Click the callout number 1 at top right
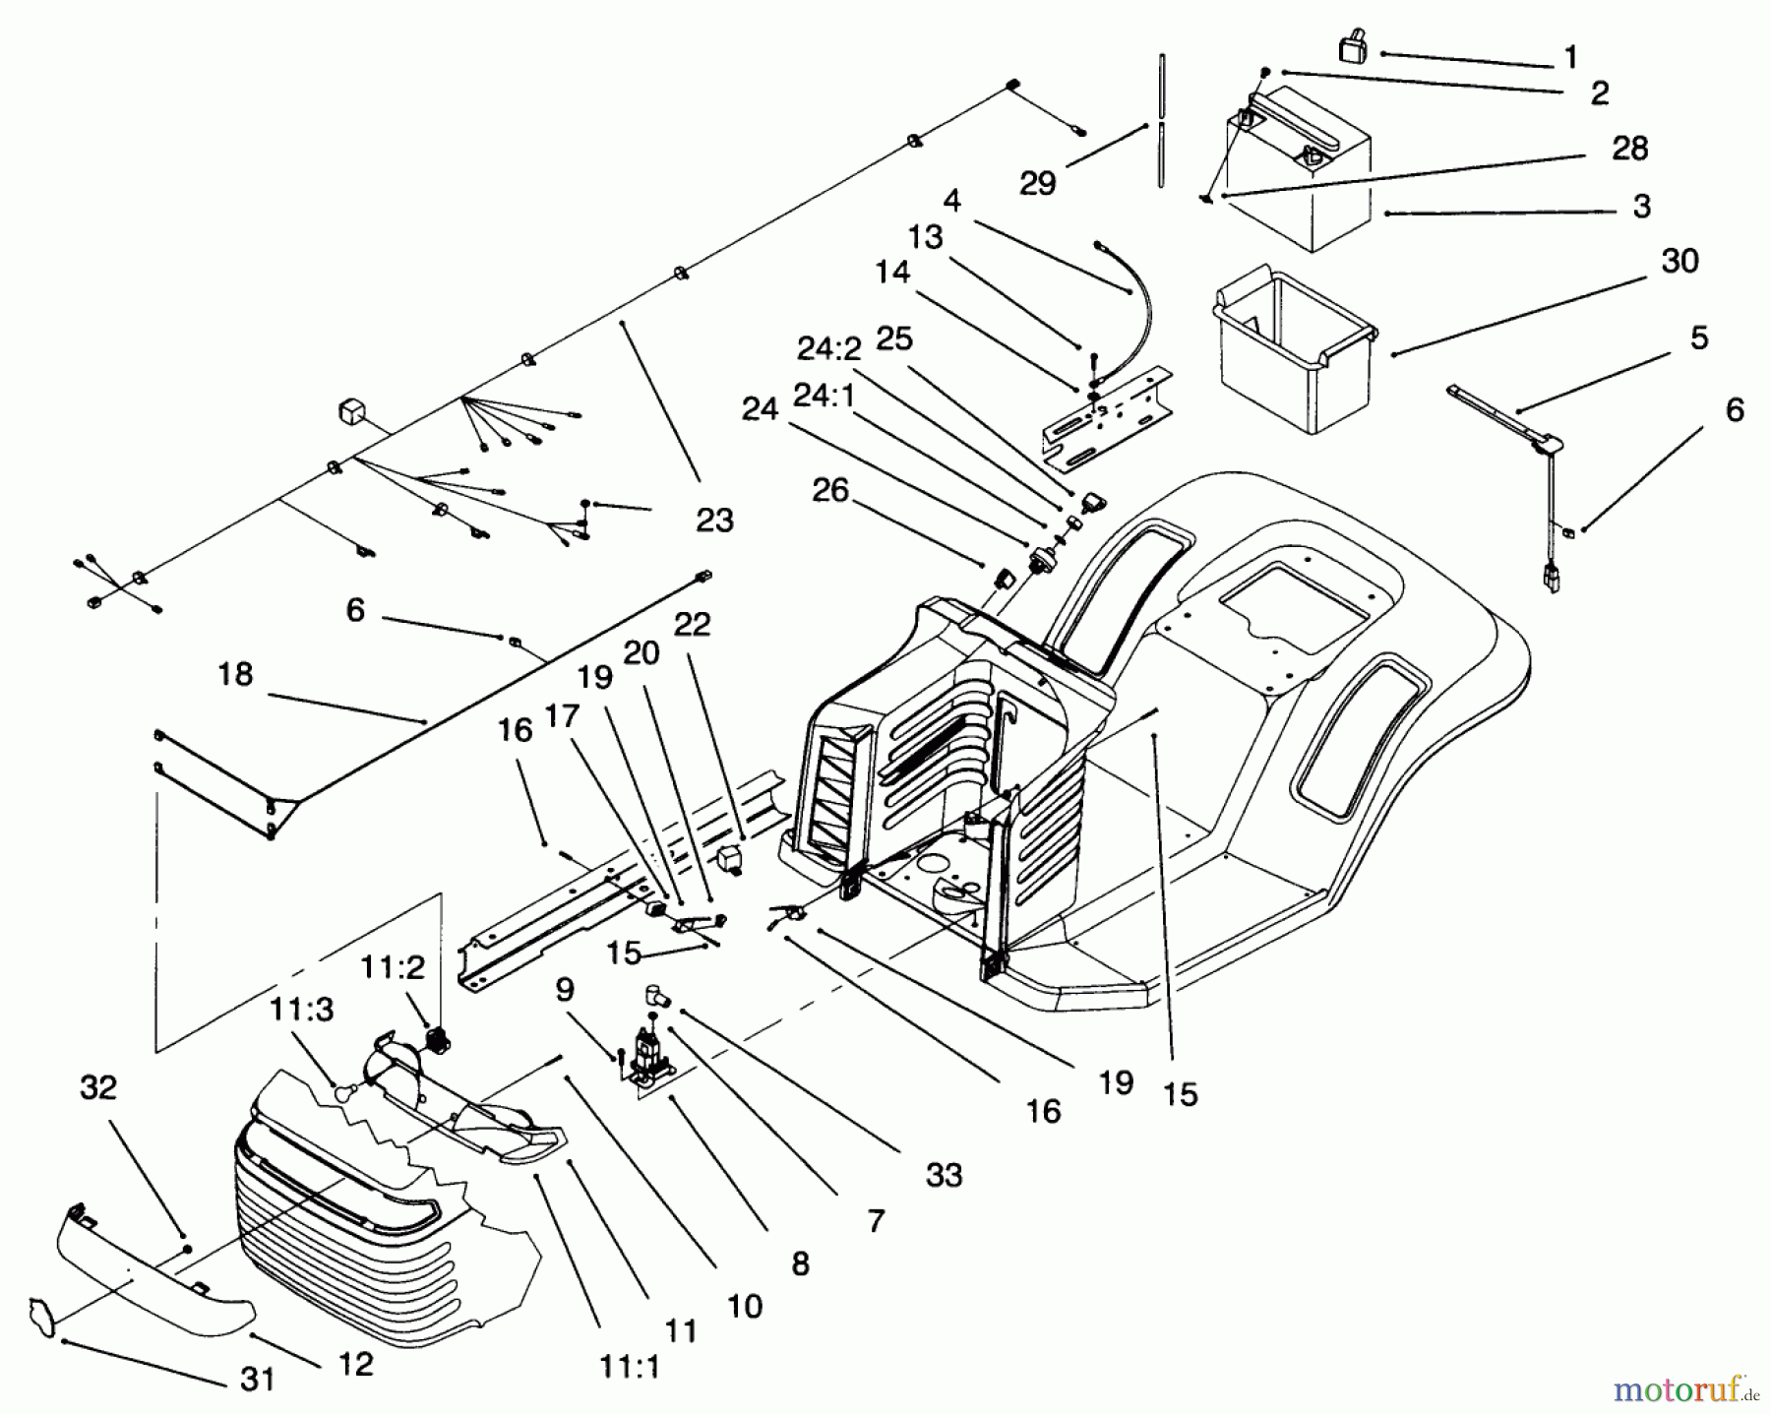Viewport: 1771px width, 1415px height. pos(1570,58)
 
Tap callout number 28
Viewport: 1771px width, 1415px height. pos(1629,150)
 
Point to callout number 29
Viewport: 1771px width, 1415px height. pos(1037,184)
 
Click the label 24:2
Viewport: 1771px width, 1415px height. pos(828,348)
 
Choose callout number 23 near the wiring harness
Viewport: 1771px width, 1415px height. pos(714,521)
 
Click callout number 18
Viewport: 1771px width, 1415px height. pos(235,675)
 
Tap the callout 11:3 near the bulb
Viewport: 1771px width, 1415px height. pos(303,1012)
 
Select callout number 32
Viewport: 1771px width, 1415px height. pos(98,1088)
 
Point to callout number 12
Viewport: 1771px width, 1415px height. pos(355,1364)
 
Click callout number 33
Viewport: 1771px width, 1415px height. pos(944,1175)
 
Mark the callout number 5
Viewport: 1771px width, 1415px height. pos(1699,338)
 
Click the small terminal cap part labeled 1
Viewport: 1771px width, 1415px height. pos(1353,47)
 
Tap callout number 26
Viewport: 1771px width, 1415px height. pos(830,490)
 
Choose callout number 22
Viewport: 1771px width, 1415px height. pos(692,625)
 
